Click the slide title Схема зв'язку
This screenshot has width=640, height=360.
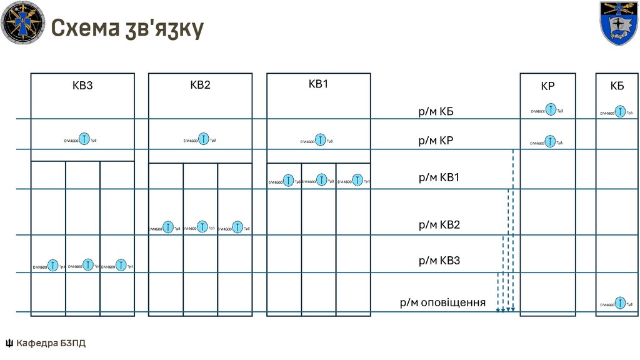(127, 28)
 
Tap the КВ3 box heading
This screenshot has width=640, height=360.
(82, 86)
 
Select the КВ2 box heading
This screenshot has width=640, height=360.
(200, 86)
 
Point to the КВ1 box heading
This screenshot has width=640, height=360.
(318, 84)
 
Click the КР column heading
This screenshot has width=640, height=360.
(547, 87)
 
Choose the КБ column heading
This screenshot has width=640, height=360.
(617, 86)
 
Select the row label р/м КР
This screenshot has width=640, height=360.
(436, 141)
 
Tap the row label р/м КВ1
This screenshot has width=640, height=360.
(439, 177)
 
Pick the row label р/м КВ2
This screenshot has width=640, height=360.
(439, 224)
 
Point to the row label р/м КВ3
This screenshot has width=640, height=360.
(439, 261)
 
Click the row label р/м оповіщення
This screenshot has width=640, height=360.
(442, 303)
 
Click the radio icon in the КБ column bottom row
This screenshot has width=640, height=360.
(619, 303)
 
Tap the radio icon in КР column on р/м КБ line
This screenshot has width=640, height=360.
(550, 111)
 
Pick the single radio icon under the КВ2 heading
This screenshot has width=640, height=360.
(203, 139)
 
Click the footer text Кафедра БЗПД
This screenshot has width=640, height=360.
(51, 343)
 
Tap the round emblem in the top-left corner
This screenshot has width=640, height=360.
(22, 22)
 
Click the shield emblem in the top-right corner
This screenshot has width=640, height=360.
(619, 23)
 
